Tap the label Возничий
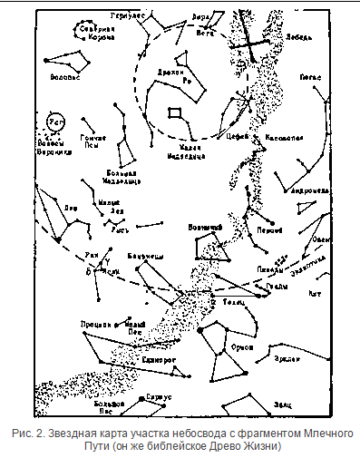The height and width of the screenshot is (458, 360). (204, 227)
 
